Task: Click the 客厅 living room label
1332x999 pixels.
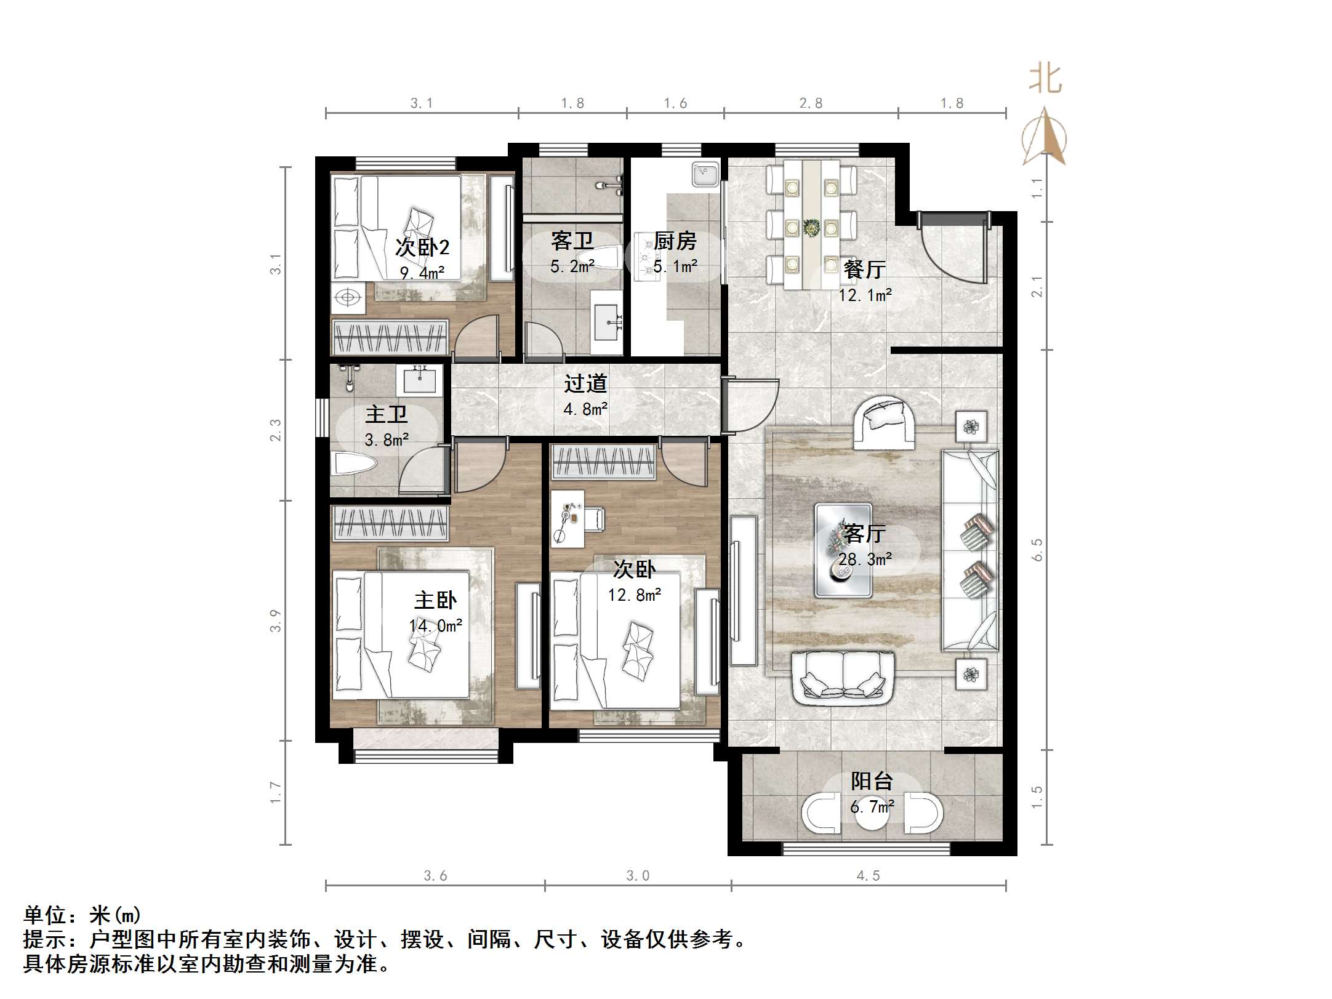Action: click(x=865, y=533)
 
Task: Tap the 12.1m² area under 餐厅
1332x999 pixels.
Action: click(x=865, y=295)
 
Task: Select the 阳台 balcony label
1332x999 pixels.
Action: click(x=872, y=781)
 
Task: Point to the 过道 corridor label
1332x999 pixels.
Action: click(x=585, y=383)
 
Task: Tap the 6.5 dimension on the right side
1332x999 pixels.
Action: click(x=1037, y=549)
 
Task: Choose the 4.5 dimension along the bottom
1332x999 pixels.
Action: click(x=868, y=875)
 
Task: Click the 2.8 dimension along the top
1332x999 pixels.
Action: click(x=811, y=103)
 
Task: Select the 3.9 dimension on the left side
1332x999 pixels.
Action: click(x=276, y=620)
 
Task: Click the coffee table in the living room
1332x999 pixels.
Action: click(x=843, y=550)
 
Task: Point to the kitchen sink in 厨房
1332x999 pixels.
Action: click(x=705, y=174)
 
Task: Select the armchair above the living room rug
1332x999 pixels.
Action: click(x=884, y=421)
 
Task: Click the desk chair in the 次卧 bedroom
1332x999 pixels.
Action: click(x=594, y=518)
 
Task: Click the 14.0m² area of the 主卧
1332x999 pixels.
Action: click(x=436, y=626)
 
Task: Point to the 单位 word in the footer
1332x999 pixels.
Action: click(x=46, y=915)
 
